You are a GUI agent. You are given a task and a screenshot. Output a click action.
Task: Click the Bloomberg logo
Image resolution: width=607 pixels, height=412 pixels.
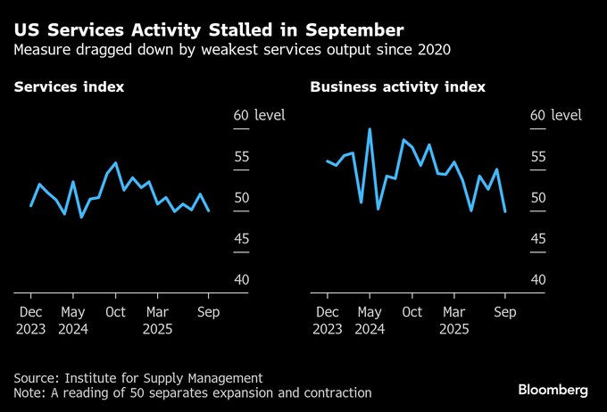(x=553, y=390)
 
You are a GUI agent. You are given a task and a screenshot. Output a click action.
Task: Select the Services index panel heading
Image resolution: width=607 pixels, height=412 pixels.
(x=69, y=87)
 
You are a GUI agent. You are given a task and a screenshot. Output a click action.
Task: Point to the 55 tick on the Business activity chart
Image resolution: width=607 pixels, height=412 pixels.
(x=538, y=157)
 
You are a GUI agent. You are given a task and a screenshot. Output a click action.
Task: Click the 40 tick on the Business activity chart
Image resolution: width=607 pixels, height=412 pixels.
(x=538, y=279)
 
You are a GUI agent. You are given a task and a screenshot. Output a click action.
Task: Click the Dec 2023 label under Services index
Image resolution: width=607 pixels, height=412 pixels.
(x=30, y=320)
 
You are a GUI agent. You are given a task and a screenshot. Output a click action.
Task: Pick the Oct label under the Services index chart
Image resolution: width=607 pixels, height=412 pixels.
(x=115, y=312)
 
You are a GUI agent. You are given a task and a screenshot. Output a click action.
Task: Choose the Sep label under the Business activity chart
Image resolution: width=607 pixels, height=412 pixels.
(x=505, y=312)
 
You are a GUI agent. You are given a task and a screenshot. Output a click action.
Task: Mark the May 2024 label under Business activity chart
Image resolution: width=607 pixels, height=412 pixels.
(x=369, y=320)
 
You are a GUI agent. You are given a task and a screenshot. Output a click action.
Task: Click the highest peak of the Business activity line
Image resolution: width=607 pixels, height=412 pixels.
(x=370, y=129)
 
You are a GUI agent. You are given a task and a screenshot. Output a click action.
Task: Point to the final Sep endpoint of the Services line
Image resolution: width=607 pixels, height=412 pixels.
(x=209, y=211)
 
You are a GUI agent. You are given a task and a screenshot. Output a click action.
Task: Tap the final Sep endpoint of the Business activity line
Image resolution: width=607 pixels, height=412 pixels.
(x=505, y=211)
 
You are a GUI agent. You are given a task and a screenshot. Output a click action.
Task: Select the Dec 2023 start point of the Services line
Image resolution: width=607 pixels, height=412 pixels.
(x=31, y=206)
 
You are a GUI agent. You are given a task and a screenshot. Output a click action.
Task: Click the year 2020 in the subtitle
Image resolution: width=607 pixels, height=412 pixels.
(x=431, y=49)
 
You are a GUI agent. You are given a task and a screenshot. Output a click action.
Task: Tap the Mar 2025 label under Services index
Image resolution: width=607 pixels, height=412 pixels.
(x=157, y=320)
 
